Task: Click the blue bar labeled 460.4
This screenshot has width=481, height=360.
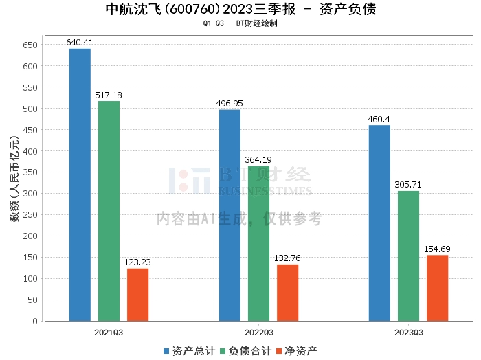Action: pos(379,223)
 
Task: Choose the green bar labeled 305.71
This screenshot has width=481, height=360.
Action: pos(408,256)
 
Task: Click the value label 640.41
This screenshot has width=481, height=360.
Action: pos(80,43)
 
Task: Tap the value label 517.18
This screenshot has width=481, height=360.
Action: pos(109,95)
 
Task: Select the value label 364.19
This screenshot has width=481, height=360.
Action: pos(258,160)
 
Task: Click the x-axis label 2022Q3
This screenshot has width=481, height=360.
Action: pos(258,333)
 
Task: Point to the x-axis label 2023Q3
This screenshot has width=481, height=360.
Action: pos(408,333)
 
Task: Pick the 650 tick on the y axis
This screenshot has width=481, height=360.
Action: pos(30,45)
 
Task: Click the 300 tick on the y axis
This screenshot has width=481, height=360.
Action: pos(30,194)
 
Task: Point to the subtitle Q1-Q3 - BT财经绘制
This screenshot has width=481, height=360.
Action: pos(240,23)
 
